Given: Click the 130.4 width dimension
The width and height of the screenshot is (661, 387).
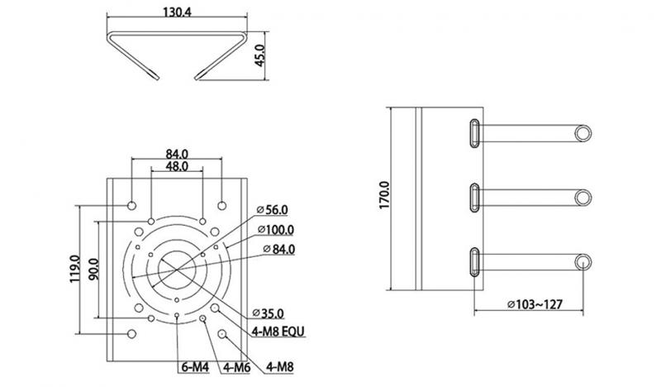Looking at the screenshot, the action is point(177,12).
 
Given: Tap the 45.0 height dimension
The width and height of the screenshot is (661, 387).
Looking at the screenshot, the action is point(259,55).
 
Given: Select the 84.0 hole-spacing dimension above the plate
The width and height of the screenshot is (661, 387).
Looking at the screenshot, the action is point(177,154).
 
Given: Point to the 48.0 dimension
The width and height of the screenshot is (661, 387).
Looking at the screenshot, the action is point(177,166).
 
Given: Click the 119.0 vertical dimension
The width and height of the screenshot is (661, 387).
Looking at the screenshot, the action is point(75,269).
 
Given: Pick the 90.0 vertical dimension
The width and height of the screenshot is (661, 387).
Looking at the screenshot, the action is point(93,270).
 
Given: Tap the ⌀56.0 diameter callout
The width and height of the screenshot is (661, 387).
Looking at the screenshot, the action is point(273,209).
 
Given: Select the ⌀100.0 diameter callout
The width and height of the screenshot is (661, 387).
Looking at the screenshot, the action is point(276,230).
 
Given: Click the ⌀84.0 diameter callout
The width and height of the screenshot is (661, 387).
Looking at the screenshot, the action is point(279,249).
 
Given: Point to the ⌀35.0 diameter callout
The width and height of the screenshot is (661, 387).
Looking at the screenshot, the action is point(268,313).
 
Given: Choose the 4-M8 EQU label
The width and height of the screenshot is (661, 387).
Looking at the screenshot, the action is point(278,332).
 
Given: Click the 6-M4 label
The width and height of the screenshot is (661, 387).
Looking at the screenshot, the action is point(195,367).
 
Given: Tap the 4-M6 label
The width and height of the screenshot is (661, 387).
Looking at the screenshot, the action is point(237,367).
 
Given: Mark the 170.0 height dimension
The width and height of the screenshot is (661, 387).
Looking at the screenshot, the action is point(384,195).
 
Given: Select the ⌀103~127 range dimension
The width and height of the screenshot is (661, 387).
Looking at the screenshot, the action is point(535,303).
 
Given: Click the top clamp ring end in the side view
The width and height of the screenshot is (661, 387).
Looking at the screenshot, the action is point(583,133).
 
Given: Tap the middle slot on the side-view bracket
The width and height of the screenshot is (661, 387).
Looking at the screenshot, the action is point(474,198).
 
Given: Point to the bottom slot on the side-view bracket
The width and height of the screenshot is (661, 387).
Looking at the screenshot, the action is point(474,262).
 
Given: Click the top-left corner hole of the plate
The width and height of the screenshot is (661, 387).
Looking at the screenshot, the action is point(132,206).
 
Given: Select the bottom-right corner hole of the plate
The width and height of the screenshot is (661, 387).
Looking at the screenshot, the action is point(222,334).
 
